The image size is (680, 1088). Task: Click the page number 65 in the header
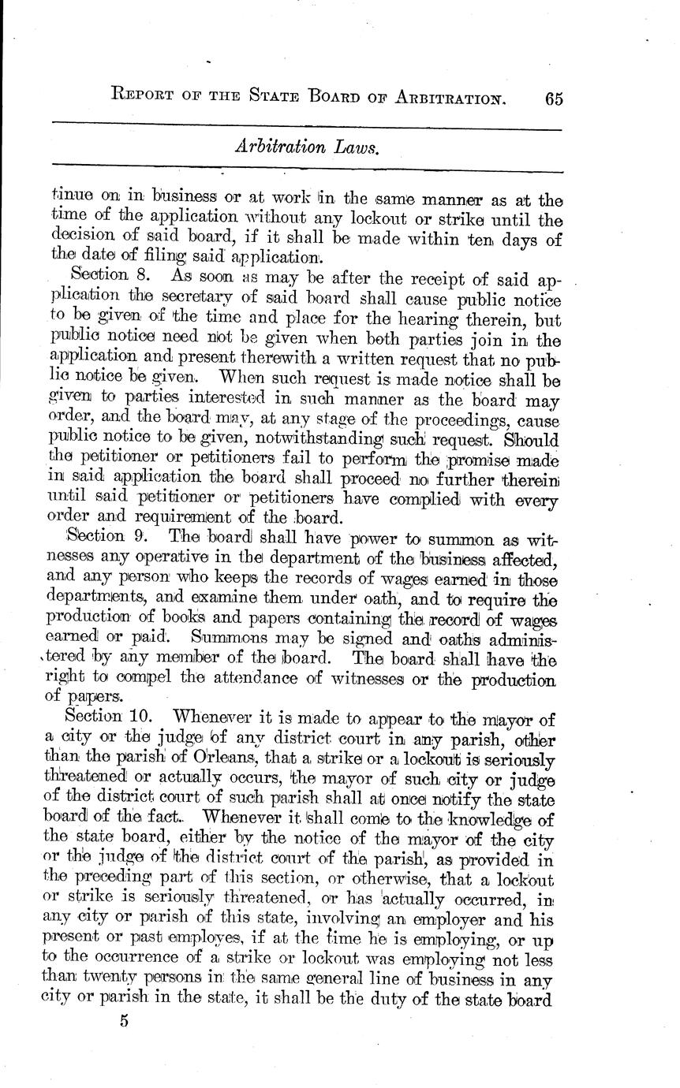(552, 99)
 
